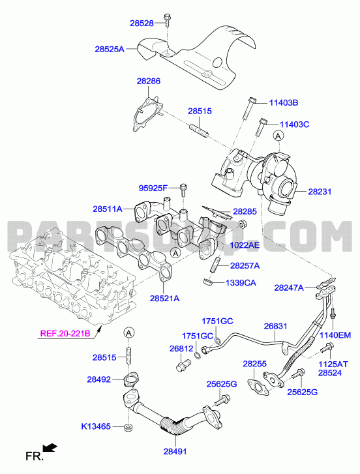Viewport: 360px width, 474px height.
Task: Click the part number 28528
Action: (x=142, y=23)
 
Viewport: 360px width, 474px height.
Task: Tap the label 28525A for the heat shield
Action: (x=110, y=49)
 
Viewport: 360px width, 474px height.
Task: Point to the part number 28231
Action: (x=320, y=192)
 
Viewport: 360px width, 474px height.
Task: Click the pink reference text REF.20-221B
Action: (x=65, y=333)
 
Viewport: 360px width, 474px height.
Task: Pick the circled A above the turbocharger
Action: (x=278, y=136)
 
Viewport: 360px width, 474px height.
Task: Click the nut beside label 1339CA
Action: (x=207, y=283)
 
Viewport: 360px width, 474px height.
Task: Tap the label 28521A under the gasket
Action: (x=165, y=299)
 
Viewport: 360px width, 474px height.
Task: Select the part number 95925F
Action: (x=153, y=188)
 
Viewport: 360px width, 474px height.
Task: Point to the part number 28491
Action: (x=175, y=451)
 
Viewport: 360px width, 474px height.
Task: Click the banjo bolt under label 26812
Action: (x=182, y=364)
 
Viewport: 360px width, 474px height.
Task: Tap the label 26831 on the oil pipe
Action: (x=275, y=327)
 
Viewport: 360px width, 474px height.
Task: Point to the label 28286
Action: (x=149, y=81)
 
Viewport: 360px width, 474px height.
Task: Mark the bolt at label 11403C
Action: (x=261, y=127)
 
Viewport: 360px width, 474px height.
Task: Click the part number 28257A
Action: (x=245, y=266)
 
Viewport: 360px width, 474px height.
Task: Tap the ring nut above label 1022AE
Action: (x=243, y=224)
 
